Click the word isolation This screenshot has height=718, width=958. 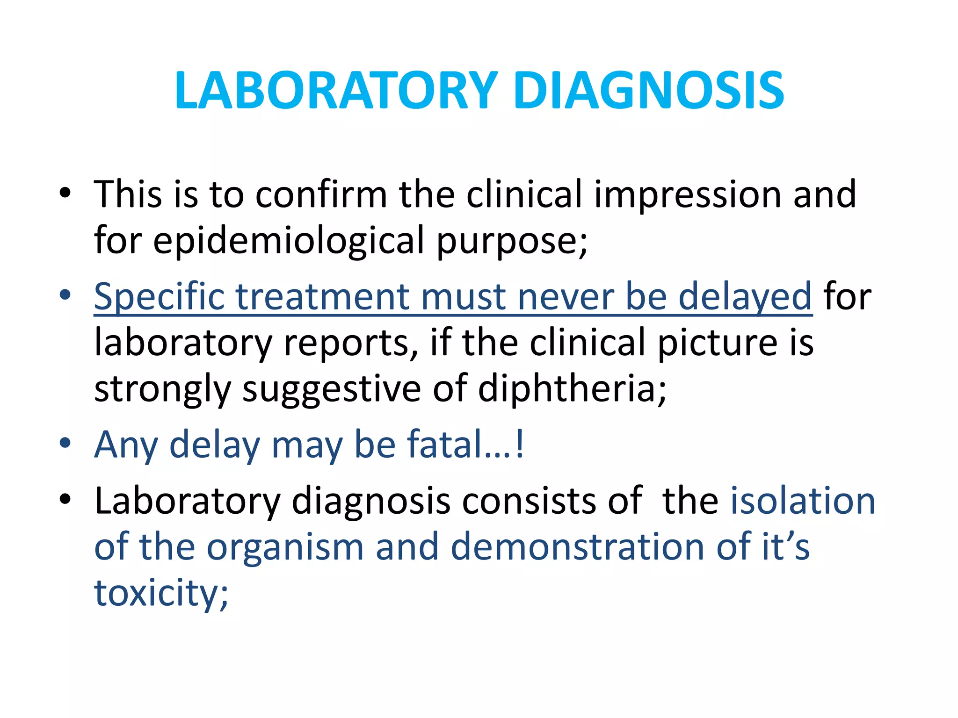point(803,501)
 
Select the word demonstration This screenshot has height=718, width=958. point(578,547)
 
